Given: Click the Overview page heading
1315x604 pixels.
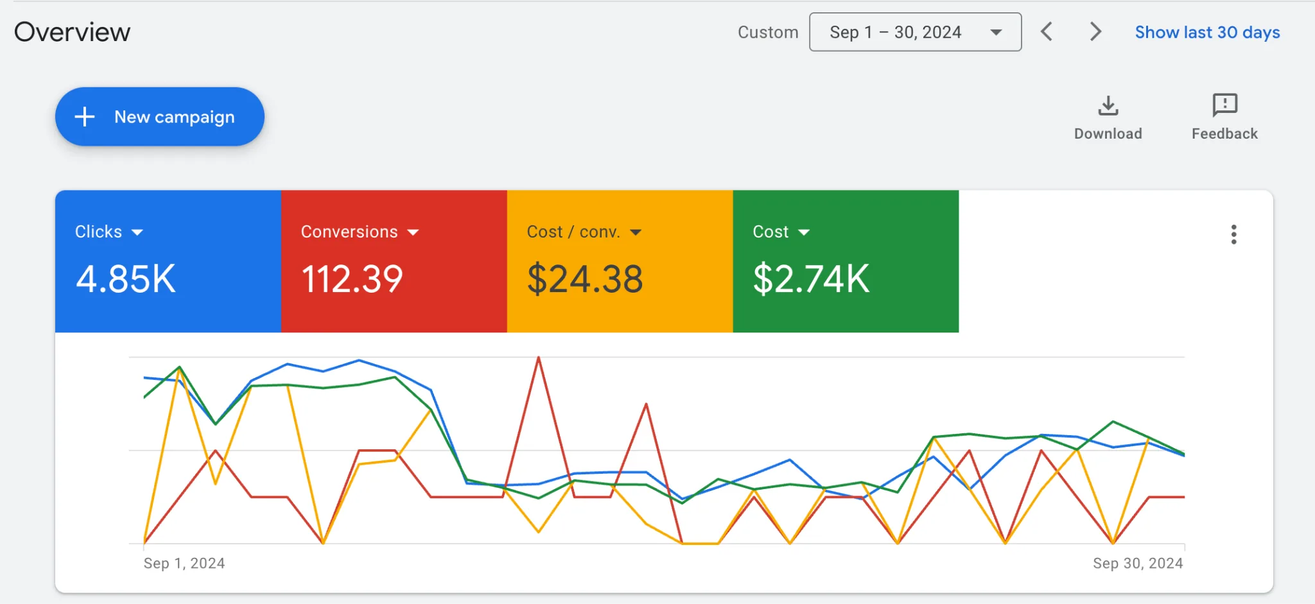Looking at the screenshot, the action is (72, 32).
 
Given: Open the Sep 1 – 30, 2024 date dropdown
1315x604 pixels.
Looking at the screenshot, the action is (915, 32).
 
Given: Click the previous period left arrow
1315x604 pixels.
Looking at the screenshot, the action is (1047, 31).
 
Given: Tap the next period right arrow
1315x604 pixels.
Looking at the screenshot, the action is (1095, 31).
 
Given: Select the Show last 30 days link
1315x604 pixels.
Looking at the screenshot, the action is (1207, 32).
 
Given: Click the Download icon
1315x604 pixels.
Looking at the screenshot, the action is (1108, 105).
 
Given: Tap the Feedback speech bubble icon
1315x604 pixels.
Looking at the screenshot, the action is (1225, 105).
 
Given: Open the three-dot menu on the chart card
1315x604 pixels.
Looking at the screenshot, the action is (1233, 234).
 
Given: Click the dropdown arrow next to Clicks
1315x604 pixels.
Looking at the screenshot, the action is (137, 232).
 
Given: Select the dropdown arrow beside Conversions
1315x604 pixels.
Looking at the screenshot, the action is (413, 232).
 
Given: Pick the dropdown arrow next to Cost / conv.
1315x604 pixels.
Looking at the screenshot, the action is (636, 232).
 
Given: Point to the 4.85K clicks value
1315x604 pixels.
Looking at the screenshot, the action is (126, 279).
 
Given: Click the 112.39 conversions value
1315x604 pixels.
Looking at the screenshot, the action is (352, 279).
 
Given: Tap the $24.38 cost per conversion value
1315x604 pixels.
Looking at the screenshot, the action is (585, 279).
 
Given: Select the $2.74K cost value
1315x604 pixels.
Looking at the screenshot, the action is (811, 279).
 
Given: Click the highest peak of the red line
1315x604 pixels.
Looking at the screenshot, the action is (539, 358).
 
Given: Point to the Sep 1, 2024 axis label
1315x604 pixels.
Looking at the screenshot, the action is (184, 564).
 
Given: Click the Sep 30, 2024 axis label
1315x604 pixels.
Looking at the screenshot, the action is (1138, 564).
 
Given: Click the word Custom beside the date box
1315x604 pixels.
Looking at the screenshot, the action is (768, 32).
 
